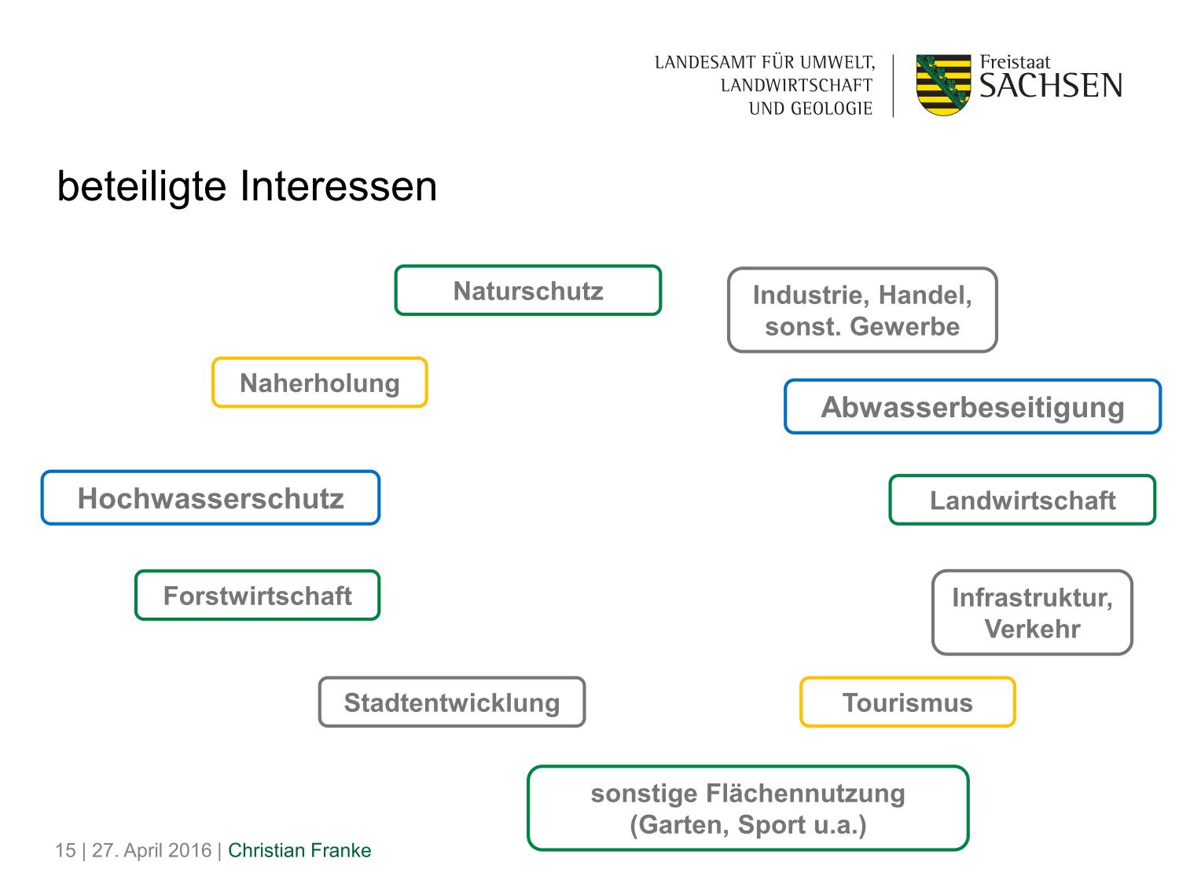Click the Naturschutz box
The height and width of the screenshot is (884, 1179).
pyautogui.click(x=527, y=290)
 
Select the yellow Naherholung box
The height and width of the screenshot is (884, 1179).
pyautogui.click(x=320, y=382)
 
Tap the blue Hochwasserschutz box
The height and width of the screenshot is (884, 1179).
pyautogui.click(x=211, y=497)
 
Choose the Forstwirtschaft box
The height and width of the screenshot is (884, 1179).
pyautogui.click(x=257, y=596)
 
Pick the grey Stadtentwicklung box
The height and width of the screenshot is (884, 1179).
pyautogui.click(x=452, y=702)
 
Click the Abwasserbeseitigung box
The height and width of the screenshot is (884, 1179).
pyautogui.click(x=972, y=406)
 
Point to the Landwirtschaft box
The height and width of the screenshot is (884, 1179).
pyautogui.click(x=1022, y=500)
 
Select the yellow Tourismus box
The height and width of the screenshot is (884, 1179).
pyautogui.click(x=907, y=702)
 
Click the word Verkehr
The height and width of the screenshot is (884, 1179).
pyautogui.click(x=1032, y=629)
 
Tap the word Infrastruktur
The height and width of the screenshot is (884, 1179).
pyautogui.click(x=1032, y=597)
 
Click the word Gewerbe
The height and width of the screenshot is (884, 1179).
pyautogui.click(x=905, y=326)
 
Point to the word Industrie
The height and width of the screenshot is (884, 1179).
pyautogui.click(x=811, y=295)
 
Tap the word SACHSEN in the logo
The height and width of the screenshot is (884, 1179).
pyautogui.click(x=1050, y=86)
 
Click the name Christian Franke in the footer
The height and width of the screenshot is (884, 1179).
pyautogui.click(x=299, y=850)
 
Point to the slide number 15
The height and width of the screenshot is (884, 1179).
pyautogui.click(x=65, y=850)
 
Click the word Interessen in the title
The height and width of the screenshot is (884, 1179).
pyautogui.click(x=339, y=186)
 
